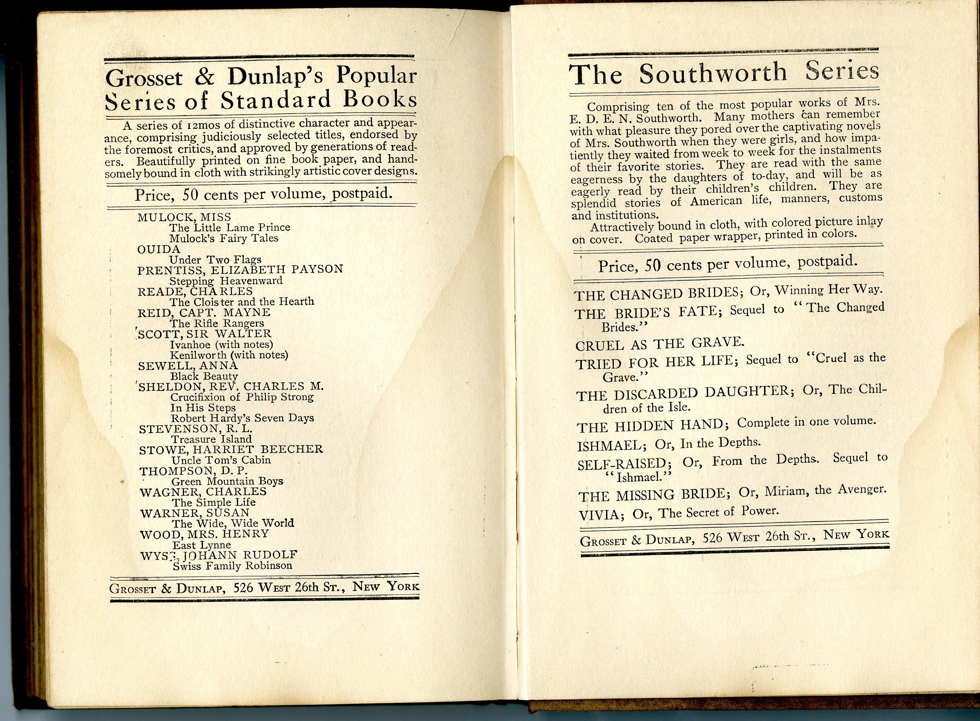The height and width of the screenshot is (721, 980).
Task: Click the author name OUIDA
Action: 159,249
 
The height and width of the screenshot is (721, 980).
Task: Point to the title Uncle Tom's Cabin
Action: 221,460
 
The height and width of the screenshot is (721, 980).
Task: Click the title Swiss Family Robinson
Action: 232,566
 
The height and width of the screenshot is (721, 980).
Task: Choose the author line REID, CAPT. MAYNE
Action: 204,313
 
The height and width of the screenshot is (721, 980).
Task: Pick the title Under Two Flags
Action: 215,260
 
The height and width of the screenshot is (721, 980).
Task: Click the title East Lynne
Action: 201,545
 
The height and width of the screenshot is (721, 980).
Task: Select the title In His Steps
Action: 203,408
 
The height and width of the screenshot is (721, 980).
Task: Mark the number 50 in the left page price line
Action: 190,194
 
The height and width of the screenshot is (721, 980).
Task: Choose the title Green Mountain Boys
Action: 227,481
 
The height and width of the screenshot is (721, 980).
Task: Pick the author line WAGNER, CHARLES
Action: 203,492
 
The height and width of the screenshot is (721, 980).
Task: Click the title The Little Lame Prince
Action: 230,227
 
